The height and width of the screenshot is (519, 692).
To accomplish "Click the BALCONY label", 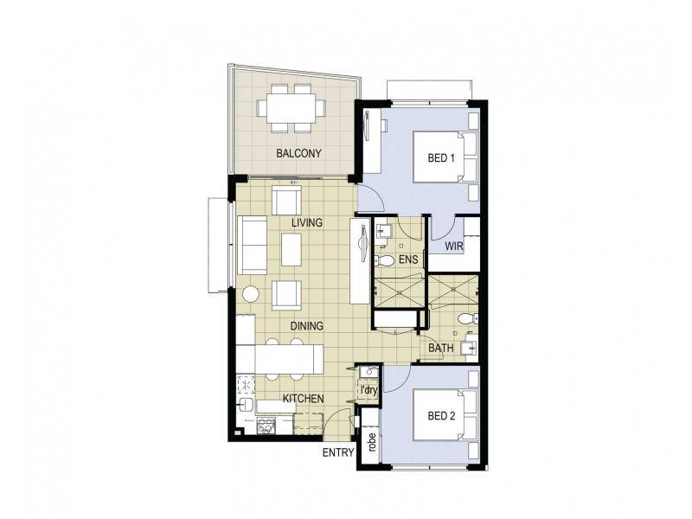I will tap(298, 153).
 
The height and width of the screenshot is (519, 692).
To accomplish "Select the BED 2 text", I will tap(441, 414).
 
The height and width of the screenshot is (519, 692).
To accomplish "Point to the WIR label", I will tap(455, 247).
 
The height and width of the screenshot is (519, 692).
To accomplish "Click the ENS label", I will tap(408, 259).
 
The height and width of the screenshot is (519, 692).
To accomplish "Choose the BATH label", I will tap(441, 349).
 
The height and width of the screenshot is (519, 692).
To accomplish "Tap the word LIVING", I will tap(306, 222).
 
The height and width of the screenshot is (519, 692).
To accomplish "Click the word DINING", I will tap(306, 326).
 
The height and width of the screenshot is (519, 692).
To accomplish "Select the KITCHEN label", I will tap(303, 399).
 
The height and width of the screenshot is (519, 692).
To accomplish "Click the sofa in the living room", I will tap(252, 246).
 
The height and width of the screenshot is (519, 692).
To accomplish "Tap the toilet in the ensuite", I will tap(387, 259).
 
